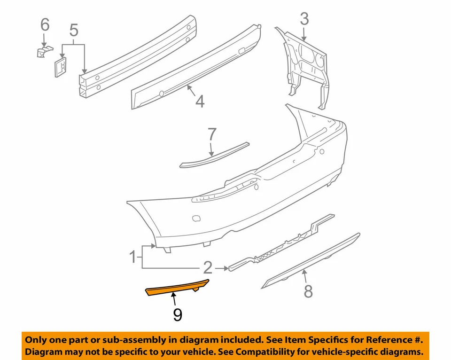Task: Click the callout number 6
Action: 45,24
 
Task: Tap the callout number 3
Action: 304,19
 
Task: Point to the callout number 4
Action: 200,102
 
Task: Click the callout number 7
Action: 212,135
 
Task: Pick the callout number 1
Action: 133,257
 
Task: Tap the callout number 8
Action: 308,291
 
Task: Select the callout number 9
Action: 177,314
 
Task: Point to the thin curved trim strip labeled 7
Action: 214,155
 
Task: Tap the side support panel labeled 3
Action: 305,66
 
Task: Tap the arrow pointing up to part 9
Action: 174,299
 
